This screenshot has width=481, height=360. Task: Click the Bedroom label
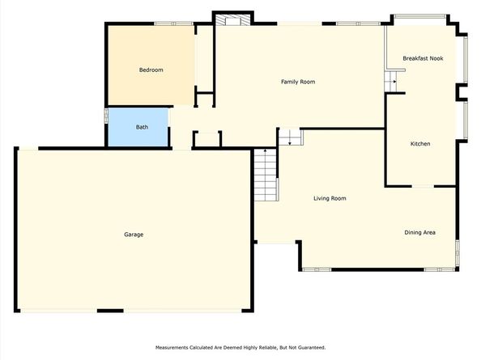click(151, 70)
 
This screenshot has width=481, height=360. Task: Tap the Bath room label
click(142, 127)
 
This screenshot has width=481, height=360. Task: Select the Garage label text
click(134, 235)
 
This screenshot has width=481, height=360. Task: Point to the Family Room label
click(298, 82)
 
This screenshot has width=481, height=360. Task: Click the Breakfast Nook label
click(423, 58)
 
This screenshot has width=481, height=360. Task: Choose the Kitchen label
click(420, 144)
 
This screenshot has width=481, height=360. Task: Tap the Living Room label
click(330, 198)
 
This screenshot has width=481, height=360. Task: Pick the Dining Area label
click(419, 232)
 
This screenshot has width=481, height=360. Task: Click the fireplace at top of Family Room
click(232, 20)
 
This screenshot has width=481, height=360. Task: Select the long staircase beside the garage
click(266, 175)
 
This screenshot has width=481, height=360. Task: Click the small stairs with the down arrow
click(291, 137)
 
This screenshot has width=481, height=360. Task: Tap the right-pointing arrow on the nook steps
click(394, 82)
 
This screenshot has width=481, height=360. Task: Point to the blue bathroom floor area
click(138, 127)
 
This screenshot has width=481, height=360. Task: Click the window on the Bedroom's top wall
click(173, 23)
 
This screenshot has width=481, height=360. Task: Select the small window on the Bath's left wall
click(106, 116)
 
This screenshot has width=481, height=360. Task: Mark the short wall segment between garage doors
click(110, 311)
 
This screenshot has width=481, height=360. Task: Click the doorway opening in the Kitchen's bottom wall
click(423, 186)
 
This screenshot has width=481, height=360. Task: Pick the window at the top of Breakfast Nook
click(420, 16)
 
